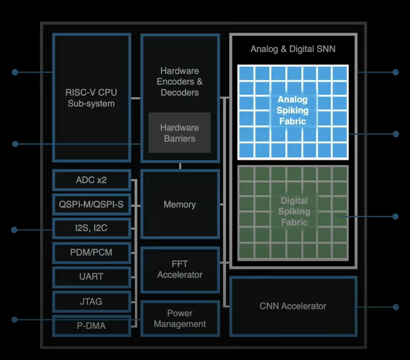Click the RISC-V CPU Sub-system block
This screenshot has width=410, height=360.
[91, 98]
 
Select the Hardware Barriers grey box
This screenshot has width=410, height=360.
[179, 133]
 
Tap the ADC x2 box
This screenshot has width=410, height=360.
[91, 180]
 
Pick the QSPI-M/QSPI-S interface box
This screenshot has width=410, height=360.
[91, 204]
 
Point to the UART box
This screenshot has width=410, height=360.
[91, 277]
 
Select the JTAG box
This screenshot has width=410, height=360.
[91, 302]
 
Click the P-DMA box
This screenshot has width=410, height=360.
[91, 326]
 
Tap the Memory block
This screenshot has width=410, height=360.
[180, 204]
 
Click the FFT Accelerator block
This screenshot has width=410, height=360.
[180, 269]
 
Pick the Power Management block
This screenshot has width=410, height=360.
[180, 319]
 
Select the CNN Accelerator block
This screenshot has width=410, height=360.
[293, 306]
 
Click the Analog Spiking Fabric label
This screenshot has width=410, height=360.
[292, 110]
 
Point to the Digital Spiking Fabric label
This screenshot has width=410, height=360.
[294, 211]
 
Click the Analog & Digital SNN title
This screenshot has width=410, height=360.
[293, 49]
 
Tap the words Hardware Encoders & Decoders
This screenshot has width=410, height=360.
[180, 82]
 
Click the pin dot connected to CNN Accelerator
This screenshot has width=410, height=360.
[396, 307]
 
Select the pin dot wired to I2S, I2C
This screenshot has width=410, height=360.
[14, 230]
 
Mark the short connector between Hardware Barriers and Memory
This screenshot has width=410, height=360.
[180, 166]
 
